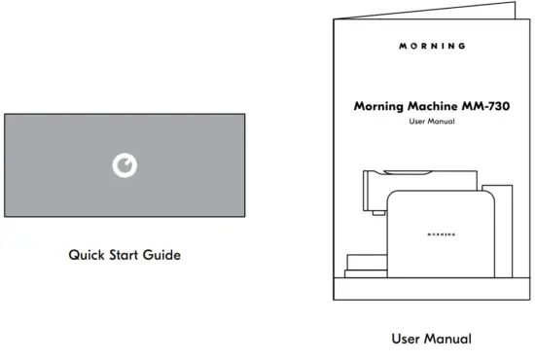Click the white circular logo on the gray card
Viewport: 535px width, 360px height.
click(125, 165)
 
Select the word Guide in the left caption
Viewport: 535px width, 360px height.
click(164, 256)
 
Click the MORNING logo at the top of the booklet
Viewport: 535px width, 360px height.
click(432, 46)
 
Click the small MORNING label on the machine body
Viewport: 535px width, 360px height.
click(442, 234)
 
